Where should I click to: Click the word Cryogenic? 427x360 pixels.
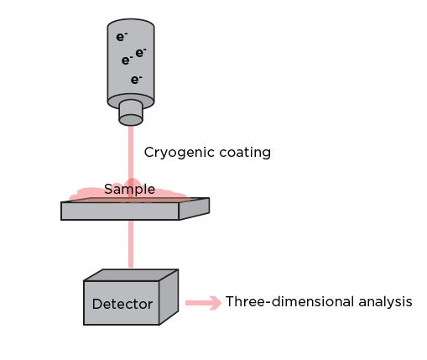[x=180, y=153]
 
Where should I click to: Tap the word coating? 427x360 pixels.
[x=245, y=153]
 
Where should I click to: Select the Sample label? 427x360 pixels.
[x=129, y=190]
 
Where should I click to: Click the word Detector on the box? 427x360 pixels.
[x=122, y=304]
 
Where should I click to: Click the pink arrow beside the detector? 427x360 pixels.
[x=203, y=303]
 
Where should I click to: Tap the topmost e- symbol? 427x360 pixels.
[x=122, y=37]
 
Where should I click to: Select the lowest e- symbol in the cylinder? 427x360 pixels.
[x=136, y=80]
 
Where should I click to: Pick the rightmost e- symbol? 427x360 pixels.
[x=140, y=53]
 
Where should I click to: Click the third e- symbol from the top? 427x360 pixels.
[x=127, y=60]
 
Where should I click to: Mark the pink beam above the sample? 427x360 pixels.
[x=131, y=154]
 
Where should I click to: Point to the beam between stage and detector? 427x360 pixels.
[x=131, y=243]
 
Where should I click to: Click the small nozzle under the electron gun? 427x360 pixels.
[x=131, y=113]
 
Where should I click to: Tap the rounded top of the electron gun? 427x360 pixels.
[x=131, y=23]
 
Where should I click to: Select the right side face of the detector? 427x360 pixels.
[x=169, y=297]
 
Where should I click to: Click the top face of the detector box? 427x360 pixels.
[x=131, y=275]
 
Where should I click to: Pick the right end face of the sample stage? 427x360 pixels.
[x=194, y=209]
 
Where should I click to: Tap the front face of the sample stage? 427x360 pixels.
[x=120, y=211]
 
